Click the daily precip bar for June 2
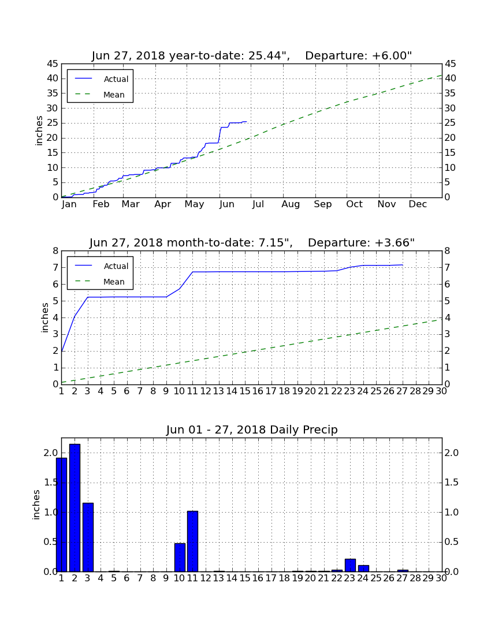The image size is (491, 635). pyautogui.click(x=75, y=508)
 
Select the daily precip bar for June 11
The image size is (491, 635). pyautogui.click(x=192, y=541)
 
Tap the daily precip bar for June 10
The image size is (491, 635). pyautogui.click(x=180, y=558)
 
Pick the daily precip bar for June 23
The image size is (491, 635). pyautogui.click(x=350, y=565)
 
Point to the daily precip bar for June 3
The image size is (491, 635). pyautogui.click(x=88, y=537)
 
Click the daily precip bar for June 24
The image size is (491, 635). pyautogui.click(x=363, y=569)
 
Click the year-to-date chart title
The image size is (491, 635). pyautogui.click(x=252, y=55)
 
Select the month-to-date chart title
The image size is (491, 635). pyautogui.click(x=252, y=242)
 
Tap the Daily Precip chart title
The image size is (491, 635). pyautogui.click(x=252, y=429)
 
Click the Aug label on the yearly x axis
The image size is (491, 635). pyautogui.click(x=291, y=204)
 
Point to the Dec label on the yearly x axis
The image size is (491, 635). pyautogui.click(x=418, y=204)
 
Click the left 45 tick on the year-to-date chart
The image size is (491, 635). pyautogui.click(x=53, y=63)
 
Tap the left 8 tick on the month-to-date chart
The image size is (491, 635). pyautogui.click(x=55, y=251)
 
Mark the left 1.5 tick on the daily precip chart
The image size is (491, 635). pyautogui.click(x=51, y=483)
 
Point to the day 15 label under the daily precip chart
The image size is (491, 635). pyautogui.click(x=245, y=578)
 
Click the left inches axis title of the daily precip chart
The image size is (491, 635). pyautogui.click(x=36, y=505)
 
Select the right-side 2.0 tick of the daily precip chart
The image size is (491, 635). pyautogui.click(x=451, y=453)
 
